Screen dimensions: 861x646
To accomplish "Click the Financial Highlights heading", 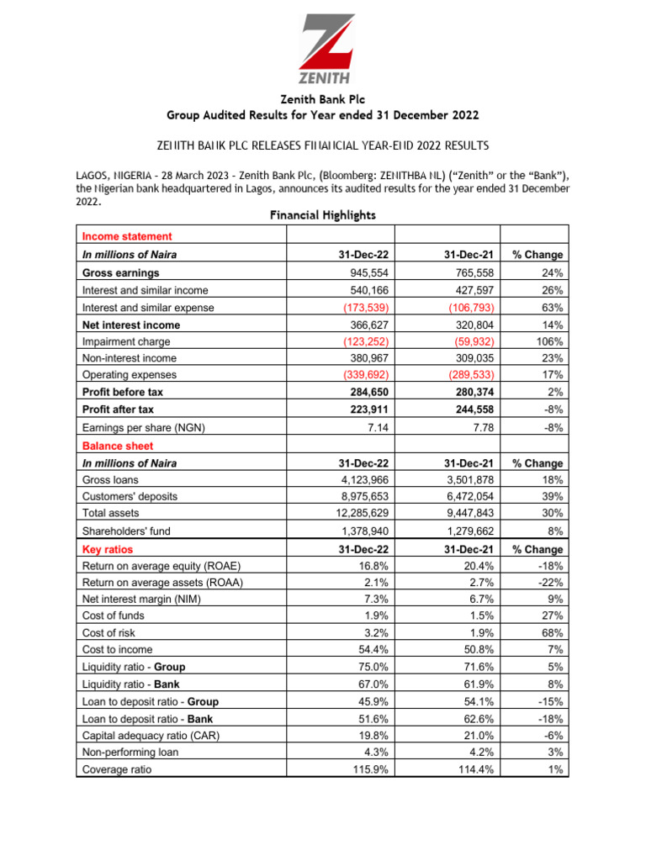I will [322, 215].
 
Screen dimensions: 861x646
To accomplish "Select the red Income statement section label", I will [127, 237].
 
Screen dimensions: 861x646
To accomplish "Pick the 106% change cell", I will [547, 341].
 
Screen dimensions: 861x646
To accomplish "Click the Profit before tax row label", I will [123, 392].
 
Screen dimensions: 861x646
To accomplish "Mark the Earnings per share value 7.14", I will [374, 427].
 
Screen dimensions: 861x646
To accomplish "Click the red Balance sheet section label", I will [118, 446].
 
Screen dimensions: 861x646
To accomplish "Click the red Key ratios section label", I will [108, 550].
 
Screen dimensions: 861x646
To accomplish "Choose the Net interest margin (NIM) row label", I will [142, 600].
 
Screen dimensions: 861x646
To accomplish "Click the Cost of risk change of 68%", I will [551, 633].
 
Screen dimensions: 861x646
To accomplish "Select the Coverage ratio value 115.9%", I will [368, 769].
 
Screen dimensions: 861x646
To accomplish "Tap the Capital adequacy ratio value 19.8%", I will [372, 736].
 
